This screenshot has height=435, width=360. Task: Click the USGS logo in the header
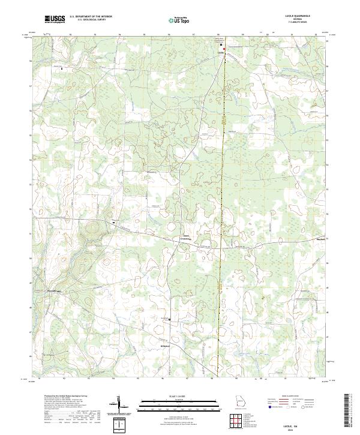[x=55, y=20]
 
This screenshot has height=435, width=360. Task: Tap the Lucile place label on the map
[x=220, y=52]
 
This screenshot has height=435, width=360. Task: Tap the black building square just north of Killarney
[x=170, y=319]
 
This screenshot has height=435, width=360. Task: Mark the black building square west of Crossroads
[x=112, y=222]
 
